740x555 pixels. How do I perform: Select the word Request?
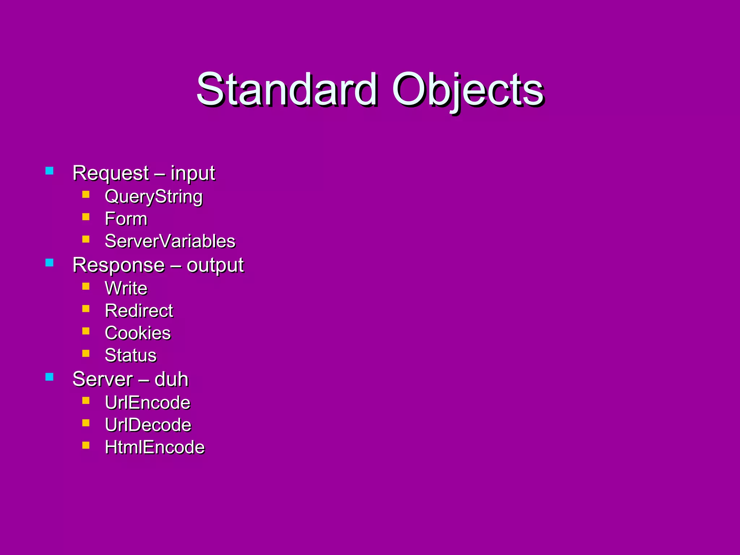click(x=111, y=173)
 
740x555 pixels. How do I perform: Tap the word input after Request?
click(x=193, y=173)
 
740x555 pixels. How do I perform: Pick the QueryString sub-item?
click(x=154, y=197)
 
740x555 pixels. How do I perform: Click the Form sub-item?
click(x=126, y=219)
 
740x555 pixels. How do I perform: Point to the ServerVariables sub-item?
click(x=170, y=241)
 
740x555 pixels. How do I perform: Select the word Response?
click(x=119, y=265)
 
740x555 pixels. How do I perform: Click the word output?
click(x=215, y=265)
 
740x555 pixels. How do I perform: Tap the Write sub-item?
click(x=126, y=288)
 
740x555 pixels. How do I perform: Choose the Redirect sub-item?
click(x=139, y=311)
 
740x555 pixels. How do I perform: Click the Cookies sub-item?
click(x=138, y=333)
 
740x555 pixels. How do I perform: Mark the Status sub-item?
click(x=130, y=356)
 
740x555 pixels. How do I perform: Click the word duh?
click(x=171, y=379)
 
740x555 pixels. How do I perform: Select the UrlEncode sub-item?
click(x=147, y=403)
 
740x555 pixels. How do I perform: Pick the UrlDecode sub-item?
click(x=148, y=425)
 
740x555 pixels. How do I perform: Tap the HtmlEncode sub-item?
click(x=155, y=447)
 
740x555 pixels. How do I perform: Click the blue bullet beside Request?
click(x=50, y=171)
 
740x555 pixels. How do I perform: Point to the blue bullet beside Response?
click(x=50, y=263)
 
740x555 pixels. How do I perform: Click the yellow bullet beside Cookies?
click(x=86, y=331)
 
